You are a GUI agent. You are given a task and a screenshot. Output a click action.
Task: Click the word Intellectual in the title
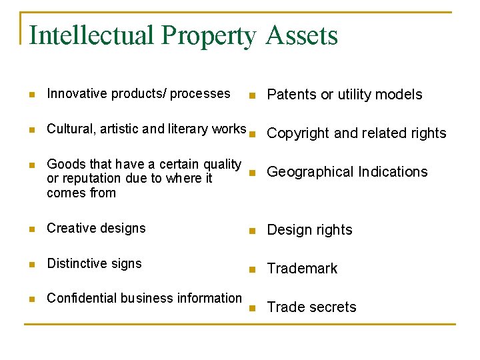(82, 35)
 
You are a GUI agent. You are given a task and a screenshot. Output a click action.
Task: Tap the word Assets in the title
(301, 35)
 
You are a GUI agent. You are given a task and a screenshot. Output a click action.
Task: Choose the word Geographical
(310, 172)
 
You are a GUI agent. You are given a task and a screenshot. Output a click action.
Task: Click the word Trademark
(302, 269)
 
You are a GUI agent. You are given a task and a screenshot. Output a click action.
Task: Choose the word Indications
(393, 172)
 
